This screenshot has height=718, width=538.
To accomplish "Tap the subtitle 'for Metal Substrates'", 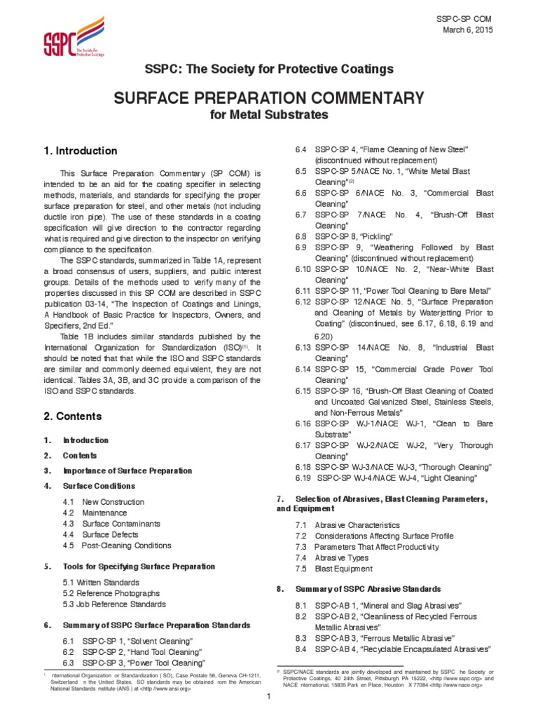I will (269, 114).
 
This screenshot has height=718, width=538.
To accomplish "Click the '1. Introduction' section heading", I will (81, 151).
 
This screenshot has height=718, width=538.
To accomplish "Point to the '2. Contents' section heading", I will (73, 416).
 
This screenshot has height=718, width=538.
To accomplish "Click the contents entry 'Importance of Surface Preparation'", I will (127, 470).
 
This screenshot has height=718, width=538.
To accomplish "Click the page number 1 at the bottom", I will (269, 701).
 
